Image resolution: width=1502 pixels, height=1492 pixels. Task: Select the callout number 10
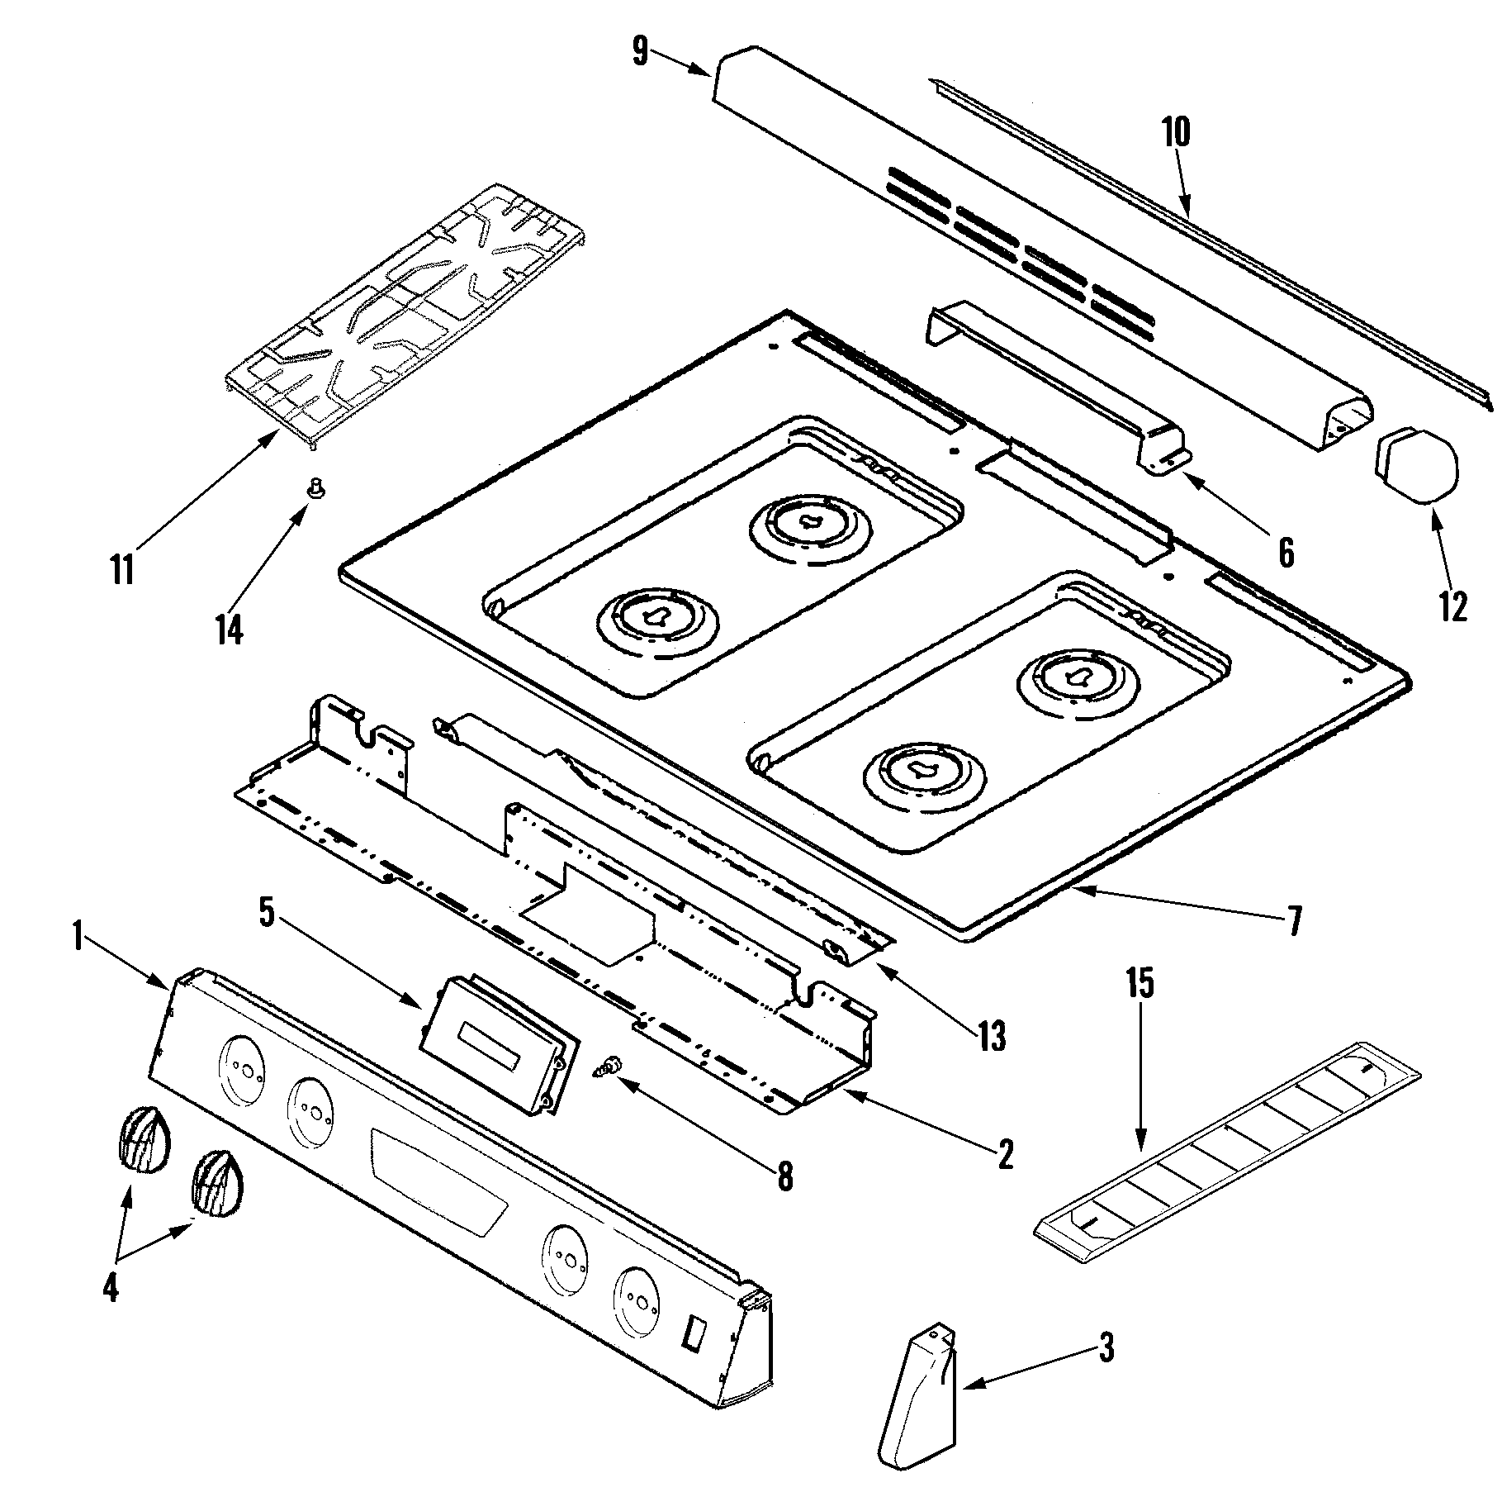coord(1176,132)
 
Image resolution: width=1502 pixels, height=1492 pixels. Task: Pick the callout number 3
coord(1106,1348)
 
